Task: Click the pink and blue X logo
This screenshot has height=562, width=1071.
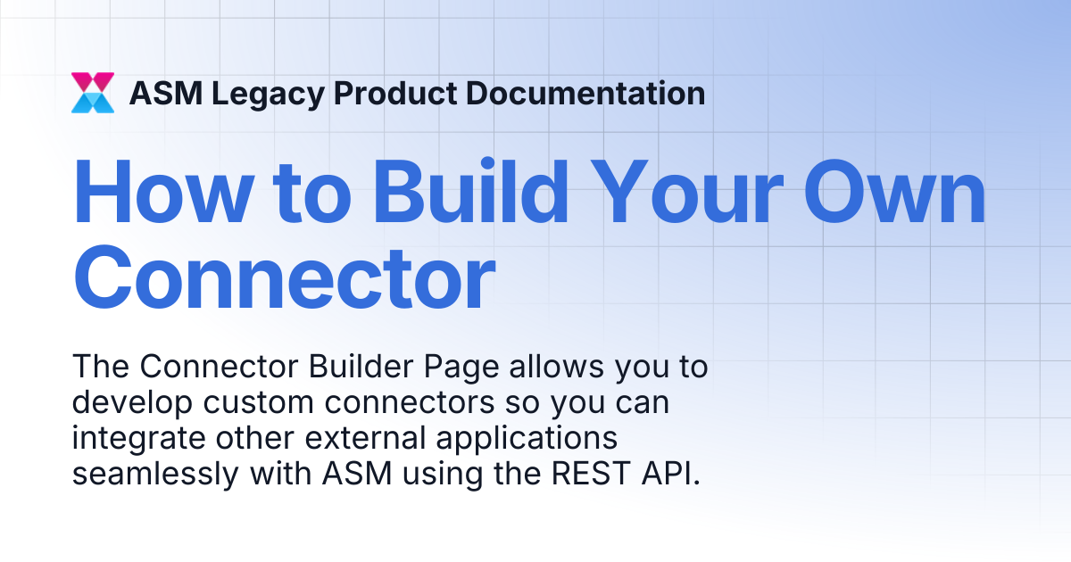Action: click(x=93, y=93)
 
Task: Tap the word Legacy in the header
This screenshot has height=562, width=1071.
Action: click(x=269, y=95)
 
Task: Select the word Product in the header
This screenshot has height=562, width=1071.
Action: click(x=395, y=93)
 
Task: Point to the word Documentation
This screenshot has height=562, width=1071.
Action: click(x=585, y=93)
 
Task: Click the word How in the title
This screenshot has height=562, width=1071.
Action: click(x=163, y=191)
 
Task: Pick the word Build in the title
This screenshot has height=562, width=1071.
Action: click(x=471, y=190)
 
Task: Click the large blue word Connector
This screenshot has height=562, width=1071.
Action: click(x=285, y=277)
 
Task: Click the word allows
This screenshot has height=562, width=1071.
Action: click(x=557, y=367)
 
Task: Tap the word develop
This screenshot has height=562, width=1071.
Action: click(x=132, y=404)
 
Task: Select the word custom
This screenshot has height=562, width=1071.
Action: click(x=259, y=403)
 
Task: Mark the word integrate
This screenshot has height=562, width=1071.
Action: click(x=138, y=440)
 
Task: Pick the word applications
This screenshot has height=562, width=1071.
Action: click(x=527, y=440)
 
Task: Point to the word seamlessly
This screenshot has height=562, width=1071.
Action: click(x=155, y=475)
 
